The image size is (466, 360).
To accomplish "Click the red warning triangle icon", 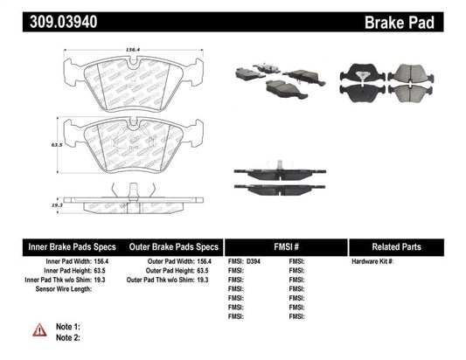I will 38,329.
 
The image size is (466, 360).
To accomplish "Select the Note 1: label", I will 67,324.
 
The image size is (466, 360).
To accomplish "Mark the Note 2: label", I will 67,336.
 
